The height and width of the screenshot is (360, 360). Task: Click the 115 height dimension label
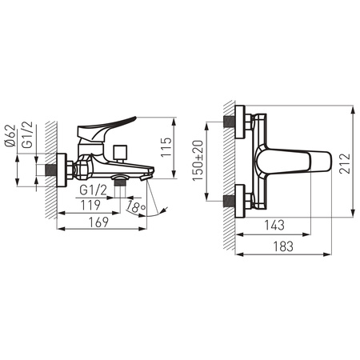pyautogui.click(x=166, y=147)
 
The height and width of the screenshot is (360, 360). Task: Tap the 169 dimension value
pyautogui.click(x=98, y=222)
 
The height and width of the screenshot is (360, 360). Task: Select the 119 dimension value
pyautogui.click(x=90, y=205)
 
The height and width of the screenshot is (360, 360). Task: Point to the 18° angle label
pyautogui.click(x=136, y=206)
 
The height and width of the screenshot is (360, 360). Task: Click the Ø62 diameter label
pyautogui.click(x=10, y=135)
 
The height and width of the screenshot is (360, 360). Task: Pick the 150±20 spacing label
pyautogui.click(x=198, y=161)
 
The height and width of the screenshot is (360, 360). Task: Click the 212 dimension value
pyautogui.click(x=345, y=163)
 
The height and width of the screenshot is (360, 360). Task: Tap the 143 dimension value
pyautogui.click(x=274, y=226)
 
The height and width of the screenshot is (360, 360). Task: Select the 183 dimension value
pyautogui.click(x=283, y=246)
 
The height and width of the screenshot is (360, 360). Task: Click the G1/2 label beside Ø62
pyautogui.click(x=27, y=134)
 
